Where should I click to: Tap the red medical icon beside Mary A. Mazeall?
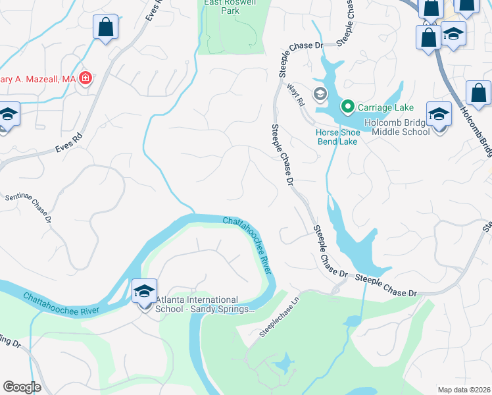(x=85, y=79)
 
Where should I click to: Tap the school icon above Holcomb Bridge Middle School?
(x=438, y=115)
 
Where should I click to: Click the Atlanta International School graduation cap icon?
(x=145, y=290)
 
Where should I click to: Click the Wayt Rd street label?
(x=301, y=100)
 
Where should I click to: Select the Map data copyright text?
(x=464, y=390)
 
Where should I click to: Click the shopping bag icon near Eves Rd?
(x=105, y=28)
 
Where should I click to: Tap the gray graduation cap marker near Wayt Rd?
(x=320, y=93)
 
